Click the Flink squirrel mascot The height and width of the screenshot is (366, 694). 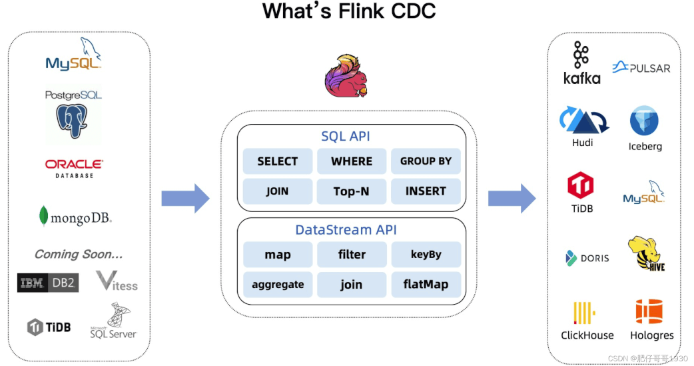click(346, 76)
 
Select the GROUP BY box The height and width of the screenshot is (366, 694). click(426, 161)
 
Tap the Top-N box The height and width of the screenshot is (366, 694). click(352, 191)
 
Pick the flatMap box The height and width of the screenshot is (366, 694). click(426, 285)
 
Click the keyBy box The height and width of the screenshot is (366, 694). click(426, 255)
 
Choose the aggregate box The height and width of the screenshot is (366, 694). click(278, 285)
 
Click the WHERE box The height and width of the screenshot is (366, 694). click(352, 161)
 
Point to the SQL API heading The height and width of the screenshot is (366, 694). click(346, 137)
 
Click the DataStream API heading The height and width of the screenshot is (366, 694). click(346, 230)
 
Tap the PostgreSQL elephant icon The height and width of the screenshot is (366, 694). click(72, 121)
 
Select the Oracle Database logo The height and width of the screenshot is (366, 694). click(74, 169)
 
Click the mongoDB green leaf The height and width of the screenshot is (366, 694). click(43, 216)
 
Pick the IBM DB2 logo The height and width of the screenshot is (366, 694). click(48, 283)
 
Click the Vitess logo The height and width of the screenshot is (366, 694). click(117, 281)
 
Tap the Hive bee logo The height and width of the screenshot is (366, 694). click(646, 253)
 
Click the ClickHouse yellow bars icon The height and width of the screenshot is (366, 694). click(584, 313)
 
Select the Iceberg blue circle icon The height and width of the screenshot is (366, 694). click(644, 121)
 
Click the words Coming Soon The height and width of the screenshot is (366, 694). click(79, 255)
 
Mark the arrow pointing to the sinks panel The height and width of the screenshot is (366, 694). click(512, 199)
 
